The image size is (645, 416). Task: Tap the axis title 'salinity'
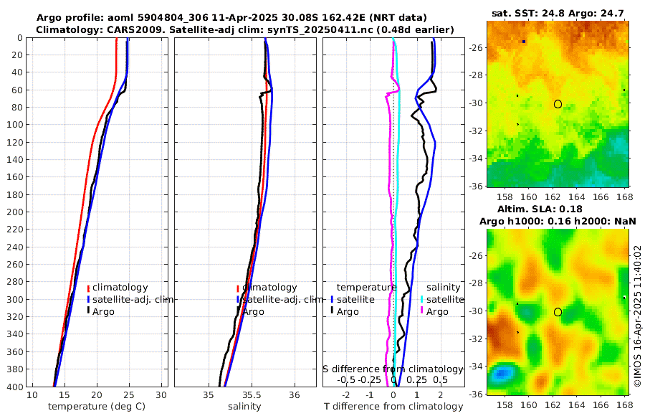pyautogui.click(x=244, y=407)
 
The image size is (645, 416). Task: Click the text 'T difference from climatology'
pyautogui.click(x=393, y=407)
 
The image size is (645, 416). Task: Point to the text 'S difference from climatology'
pyautogui.click(x=393, y=369)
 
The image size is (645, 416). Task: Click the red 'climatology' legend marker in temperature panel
pyautogui.click(x=88, y=288)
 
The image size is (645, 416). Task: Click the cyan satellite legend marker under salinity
pyautogui.click(x=422, y=299)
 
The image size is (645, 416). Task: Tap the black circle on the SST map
pyautogui.click(x=558, y=104)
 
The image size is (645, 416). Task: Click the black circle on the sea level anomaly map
pyautogui.click(x=558, y=312)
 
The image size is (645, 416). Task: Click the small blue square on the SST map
pyautogui.click(x=524, y=42)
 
